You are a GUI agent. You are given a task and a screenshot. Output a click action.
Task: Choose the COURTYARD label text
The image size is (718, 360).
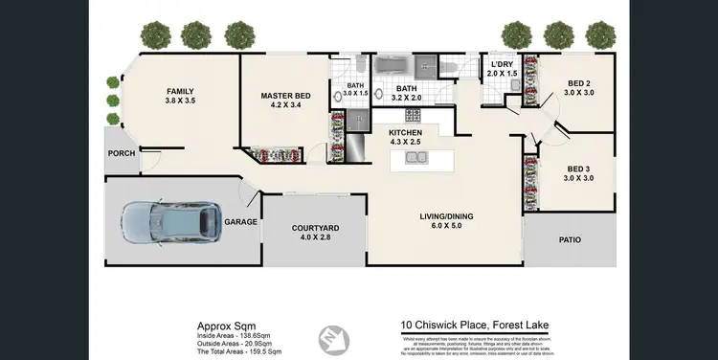coord(314,227)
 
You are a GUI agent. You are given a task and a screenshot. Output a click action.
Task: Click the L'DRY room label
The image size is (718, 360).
coord(502,63)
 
